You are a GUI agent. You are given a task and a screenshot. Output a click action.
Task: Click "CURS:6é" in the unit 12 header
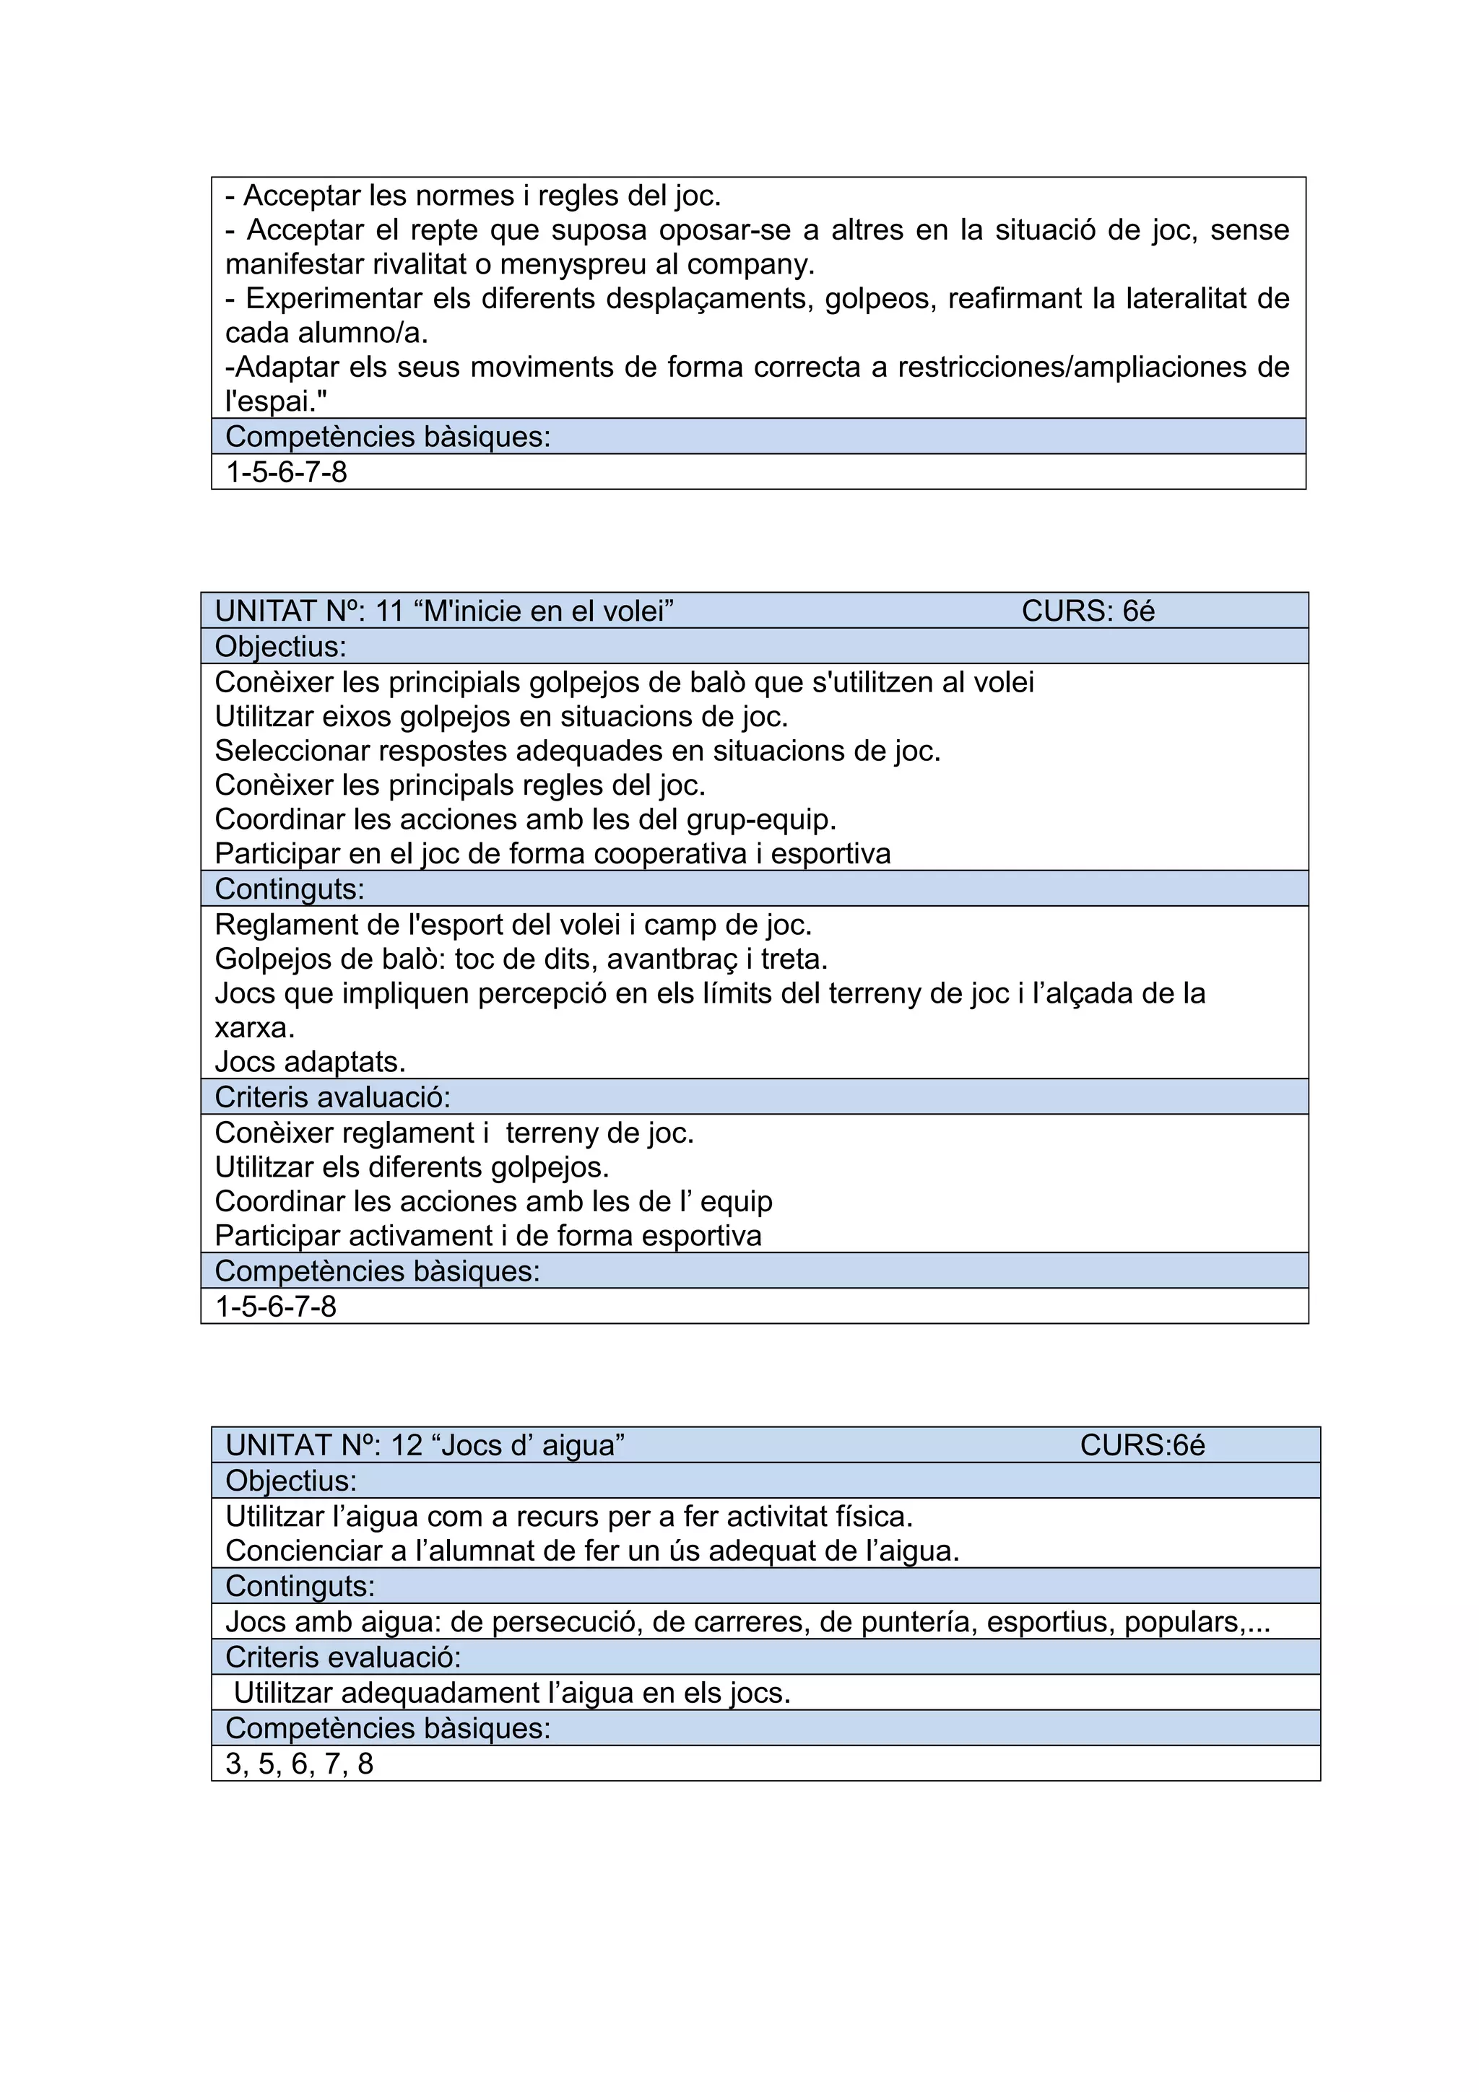[x=1142, y=1445]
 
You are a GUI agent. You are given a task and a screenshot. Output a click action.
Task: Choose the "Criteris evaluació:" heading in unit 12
[x=342, y=1657]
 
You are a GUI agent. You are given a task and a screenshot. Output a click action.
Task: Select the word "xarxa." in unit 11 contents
[x=254, y=1028]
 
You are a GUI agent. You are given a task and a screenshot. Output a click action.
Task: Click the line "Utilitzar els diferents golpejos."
[x=412, y=1167]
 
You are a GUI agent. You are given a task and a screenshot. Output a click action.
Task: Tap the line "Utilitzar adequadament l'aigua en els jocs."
[x=511, y=1693]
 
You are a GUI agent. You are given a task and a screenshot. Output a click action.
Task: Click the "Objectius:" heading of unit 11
[x=281, y=646]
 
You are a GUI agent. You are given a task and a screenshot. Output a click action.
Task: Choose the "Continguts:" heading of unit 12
[x=300, y=1586]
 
